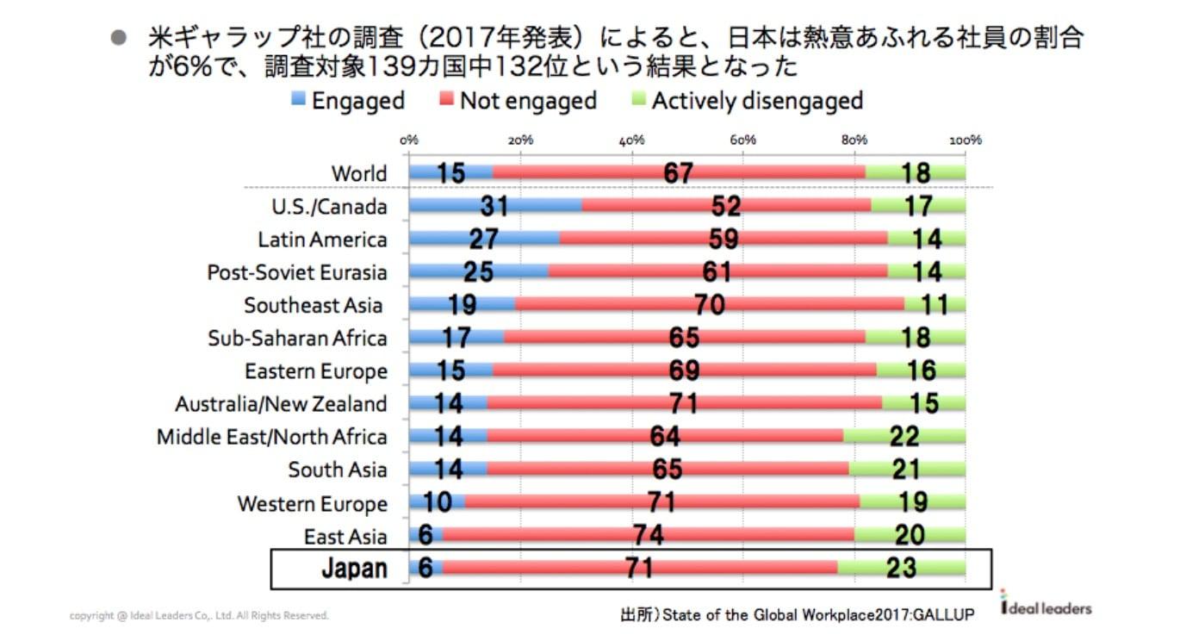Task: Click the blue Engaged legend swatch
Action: click(298, 98)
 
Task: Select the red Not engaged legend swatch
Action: click(446, 98)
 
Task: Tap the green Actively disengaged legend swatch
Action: click(638, 98)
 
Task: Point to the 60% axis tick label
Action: click(742, 140)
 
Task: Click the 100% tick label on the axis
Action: click(966, 140)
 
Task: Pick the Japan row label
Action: click(355, 569)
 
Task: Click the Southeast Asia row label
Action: click(313, 305)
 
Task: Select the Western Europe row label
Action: click(313, 503)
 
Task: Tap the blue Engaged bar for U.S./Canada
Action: click(495, 206)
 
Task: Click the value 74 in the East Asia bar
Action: click(649, 535)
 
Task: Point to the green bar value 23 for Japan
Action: click(901, 568)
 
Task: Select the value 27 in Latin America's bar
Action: click(483, 239)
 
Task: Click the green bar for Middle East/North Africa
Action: click(904, 436)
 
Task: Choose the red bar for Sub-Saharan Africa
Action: click(684, 337)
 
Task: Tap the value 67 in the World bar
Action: click(678, 173)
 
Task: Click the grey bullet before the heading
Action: click(119, 37)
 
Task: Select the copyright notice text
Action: click(199, 615)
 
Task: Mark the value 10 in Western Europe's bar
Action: click(438, 501)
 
